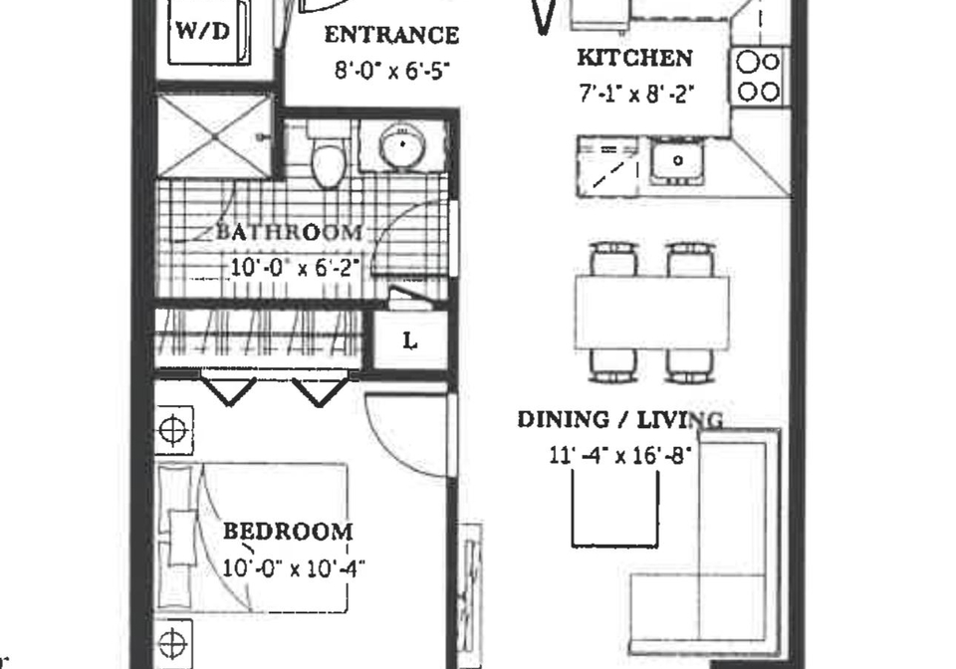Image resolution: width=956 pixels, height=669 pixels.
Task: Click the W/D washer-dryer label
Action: pos(203,31)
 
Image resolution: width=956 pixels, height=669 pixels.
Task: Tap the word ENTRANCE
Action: pos(391,35)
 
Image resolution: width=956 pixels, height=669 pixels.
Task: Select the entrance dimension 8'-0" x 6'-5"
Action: pos(392,71)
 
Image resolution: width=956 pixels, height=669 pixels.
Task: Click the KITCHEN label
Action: pos(634,58)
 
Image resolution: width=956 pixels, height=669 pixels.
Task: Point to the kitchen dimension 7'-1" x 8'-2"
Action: pos(636,94)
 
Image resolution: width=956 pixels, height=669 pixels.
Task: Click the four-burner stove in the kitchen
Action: pos(759,77)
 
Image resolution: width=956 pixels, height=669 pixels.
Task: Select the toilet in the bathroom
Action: pos(328,153)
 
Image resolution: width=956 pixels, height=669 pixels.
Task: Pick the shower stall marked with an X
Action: pos(214,136)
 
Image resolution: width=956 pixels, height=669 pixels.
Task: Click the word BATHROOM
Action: pos(290,233)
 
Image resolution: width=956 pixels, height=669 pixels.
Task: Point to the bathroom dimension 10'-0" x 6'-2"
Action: pos(292,268)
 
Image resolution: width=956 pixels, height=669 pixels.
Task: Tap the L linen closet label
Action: pos(410,341)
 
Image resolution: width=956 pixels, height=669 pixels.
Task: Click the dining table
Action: pos(651,314)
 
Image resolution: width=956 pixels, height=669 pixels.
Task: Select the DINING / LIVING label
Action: pos(620,420)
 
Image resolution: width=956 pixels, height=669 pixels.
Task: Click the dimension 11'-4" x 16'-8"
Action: pos(620,455)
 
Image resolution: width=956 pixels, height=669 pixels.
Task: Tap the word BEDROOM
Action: pos(288,532)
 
